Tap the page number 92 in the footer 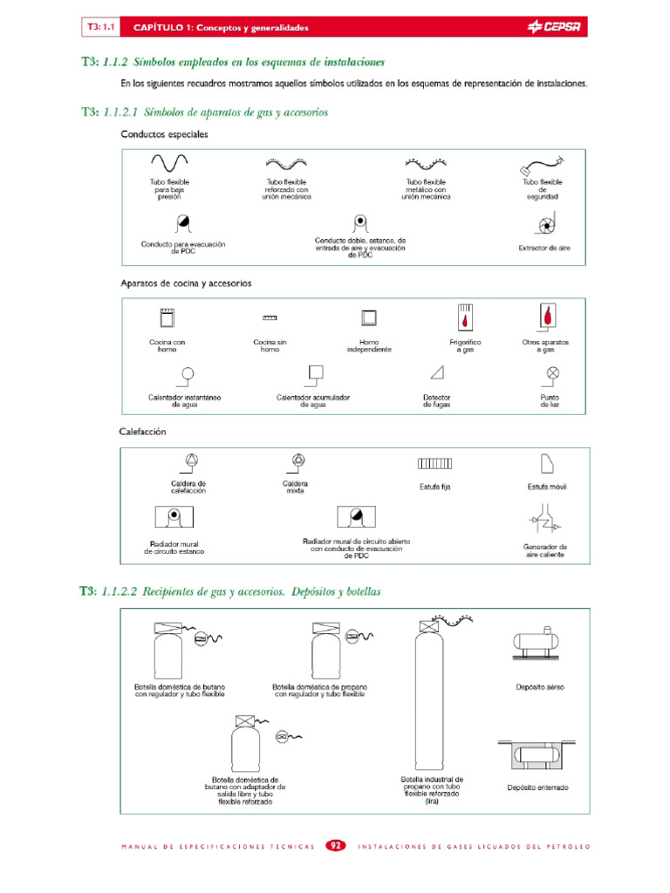336,846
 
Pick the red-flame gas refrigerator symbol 465,317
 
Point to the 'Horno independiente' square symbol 369,318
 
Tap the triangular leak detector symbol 437,373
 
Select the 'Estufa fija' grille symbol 434,464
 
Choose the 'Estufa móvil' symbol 547,463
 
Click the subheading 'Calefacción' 142,431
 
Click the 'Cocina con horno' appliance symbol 167,318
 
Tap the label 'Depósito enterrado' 537,787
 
